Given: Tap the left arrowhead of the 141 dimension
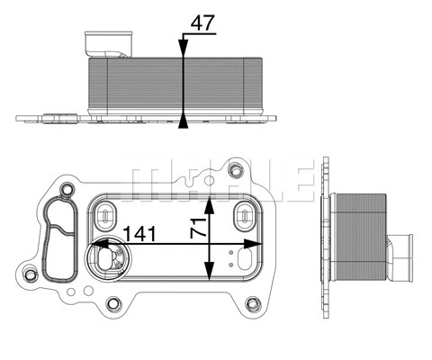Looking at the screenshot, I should click(97, 244).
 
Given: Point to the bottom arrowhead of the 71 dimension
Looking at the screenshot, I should click(211, 279).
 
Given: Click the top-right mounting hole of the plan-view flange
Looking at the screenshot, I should click(237, 169).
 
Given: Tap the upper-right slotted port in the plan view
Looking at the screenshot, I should click(243, 214).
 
